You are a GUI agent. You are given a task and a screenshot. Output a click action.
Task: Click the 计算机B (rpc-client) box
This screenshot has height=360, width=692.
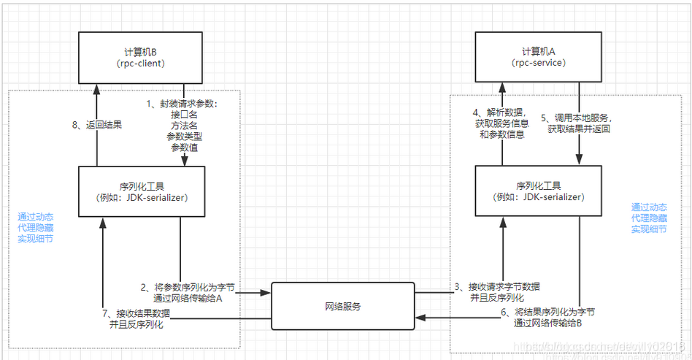pos(140,57)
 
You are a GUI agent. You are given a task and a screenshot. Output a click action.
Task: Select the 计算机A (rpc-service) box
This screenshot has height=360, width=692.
pos(539,57)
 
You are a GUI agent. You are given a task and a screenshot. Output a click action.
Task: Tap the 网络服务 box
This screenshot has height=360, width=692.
pos(343,306)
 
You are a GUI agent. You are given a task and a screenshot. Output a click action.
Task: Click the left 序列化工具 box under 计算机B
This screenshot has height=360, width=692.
pos(140,191)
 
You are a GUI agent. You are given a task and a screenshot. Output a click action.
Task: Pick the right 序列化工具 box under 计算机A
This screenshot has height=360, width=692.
pos(539,191)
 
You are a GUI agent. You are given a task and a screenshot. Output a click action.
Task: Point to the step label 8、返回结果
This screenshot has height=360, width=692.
pos(98,125)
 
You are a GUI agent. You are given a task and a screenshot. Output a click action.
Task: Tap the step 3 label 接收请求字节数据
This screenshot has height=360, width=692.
pos(497,286)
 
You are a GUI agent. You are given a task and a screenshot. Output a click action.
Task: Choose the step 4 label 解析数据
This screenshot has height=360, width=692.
pos(496,112)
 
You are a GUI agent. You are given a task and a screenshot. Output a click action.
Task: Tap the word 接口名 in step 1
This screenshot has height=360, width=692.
pos(184,115)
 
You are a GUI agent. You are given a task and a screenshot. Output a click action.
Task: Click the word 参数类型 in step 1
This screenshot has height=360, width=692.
pos(184,137)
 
